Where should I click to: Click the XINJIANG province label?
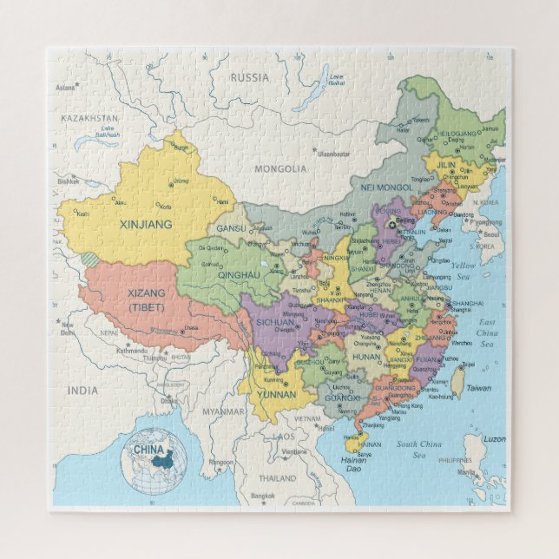click(x=146, y=224)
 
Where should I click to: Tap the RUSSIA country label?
click(x=250, y=77)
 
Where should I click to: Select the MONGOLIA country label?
click(x=281, y=168)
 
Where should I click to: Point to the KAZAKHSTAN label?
click(x=89, y=117)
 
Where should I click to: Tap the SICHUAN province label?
click(x=277, y=322)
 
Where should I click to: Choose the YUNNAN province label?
click(x=275, y=394)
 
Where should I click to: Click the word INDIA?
click(x=83, y=391)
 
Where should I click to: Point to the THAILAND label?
click(x=277, y=477)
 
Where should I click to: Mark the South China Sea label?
click(x=418, y=449)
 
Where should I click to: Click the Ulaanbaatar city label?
click(x=333, y=153)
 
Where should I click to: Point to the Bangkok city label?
click(x=263, y=496)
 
